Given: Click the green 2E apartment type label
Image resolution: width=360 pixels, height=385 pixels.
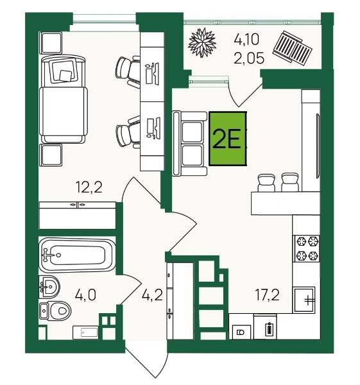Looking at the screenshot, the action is (228, 139).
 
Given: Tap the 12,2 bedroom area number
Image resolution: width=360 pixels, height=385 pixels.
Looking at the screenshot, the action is (89, 187).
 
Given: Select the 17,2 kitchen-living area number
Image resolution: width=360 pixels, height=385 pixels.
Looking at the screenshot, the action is (267, 295).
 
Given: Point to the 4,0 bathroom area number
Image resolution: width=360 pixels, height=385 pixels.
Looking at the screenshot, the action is (85, 295).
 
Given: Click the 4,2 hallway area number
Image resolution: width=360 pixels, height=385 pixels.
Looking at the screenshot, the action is (152, 295).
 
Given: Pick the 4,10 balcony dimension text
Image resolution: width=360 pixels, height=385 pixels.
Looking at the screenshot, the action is (246, 40).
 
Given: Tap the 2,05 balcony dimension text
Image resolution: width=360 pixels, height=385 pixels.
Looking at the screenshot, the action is (249, 58).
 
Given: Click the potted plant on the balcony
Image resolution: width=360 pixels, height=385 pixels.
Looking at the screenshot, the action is (202, 42).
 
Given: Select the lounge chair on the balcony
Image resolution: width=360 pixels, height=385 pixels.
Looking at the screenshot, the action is (293, 48).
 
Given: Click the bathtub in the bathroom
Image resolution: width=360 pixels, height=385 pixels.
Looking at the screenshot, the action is (77, 255).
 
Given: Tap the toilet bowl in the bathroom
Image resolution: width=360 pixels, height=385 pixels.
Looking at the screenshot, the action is (55, 311).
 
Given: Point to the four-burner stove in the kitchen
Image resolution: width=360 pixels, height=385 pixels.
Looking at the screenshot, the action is (306, 248).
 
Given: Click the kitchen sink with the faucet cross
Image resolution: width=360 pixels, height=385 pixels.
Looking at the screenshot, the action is (305, 300).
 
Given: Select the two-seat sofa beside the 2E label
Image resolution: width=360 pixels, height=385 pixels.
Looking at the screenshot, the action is (190, 144).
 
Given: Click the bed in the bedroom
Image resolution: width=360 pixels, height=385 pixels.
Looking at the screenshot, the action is (64, 99).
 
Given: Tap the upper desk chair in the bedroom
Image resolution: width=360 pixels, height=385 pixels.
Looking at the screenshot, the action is (128, 70).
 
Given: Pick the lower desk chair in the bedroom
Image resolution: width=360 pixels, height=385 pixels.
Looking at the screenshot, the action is (128, 133).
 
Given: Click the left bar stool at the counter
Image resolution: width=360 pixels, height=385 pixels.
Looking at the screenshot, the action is (266, 183).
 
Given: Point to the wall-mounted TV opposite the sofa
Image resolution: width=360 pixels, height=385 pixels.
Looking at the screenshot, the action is (318, 146).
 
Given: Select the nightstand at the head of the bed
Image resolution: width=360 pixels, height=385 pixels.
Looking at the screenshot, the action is (51, 43).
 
